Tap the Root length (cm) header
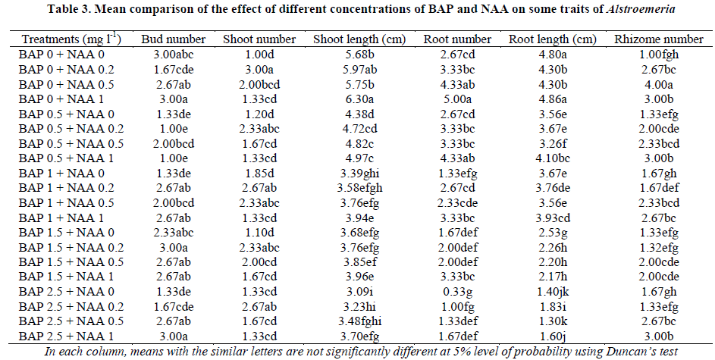552,39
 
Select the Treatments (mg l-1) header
72,39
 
